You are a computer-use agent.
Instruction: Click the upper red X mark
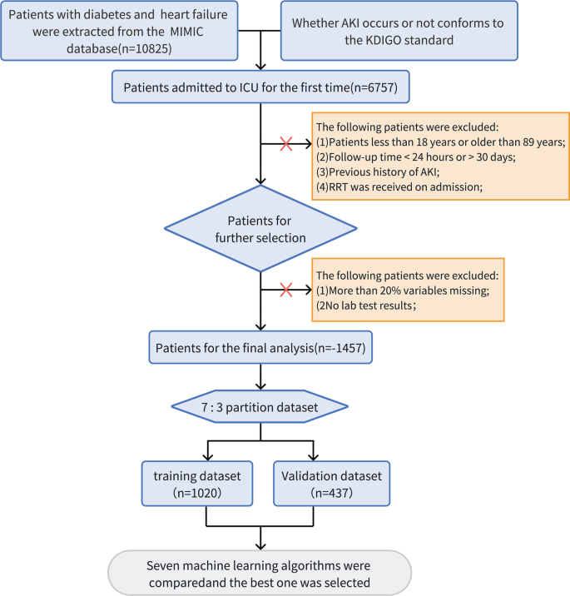285,145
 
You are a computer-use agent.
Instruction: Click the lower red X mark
285,290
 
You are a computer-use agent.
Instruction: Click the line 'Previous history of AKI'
376,171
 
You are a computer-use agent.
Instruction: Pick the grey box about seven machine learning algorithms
262,572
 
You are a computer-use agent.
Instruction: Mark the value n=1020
198,492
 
